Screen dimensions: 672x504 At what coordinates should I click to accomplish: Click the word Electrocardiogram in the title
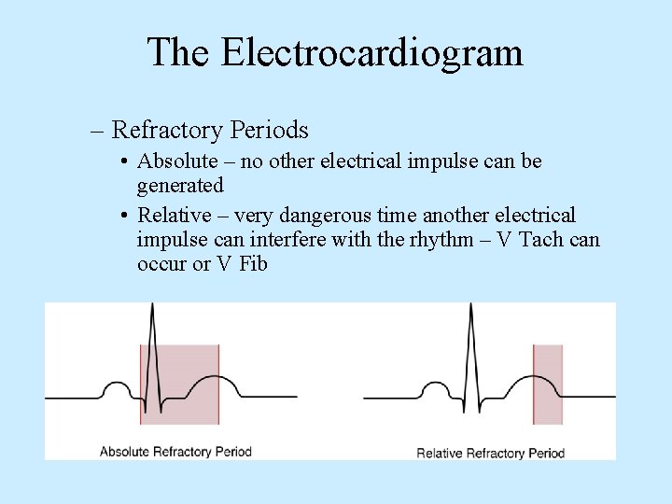pyautogui.click(x=371, y=52)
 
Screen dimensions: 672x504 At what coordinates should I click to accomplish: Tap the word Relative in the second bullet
pyautogui.click(x=175, y=215)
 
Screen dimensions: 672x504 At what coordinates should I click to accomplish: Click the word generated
pyautogui.click(x=180, y=186)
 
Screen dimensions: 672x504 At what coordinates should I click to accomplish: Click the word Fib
pyautogui.click(x=253, y=263)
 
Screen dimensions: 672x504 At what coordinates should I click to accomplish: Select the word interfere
pyautogui.click(x=293, y=239)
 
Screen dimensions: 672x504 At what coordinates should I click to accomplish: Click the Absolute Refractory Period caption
pyautogui.click(x=175, y=452)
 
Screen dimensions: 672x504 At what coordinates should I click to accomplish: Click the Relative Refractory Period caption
pyautogui.click(x=490, y=453)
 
